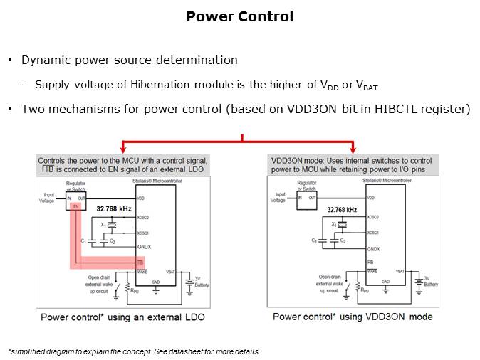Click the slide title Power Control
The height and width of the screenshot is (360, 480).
pos(239,16)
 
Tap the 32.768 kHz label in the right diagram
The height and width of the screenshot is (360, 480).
pos(342,210)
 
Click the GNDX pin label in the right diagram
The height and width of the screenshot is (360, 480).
pos(374,249)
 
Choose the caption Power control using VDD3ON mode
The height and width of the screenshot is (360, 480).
pos(353,317)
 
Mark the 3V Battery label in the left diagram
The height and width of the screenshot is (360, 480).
pos(202,280)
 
